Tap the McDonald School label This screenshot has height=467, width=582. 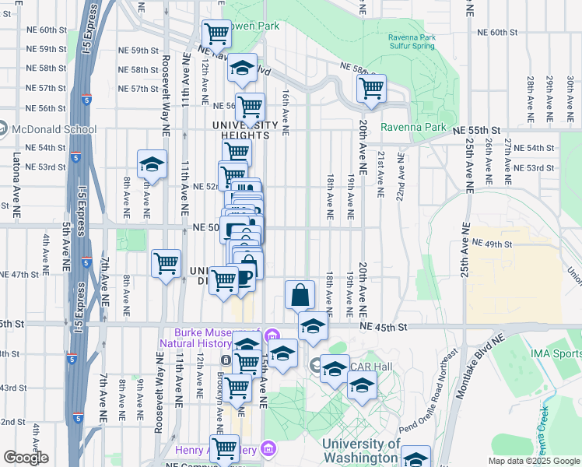53,129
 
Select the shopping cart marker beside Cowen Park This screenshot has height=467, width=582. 216,33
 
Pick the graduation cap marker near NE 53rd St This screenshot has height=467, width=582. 152,164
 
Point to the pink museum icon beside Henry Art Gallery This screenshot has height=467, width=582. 268,448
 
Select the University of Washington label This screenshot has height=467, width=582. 361,451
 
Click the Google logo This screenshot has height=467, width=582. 26,458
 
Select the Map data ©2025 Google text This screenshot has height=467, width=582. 533,461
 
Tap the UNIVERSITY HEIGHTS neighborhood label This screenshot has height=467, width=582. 245,129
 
